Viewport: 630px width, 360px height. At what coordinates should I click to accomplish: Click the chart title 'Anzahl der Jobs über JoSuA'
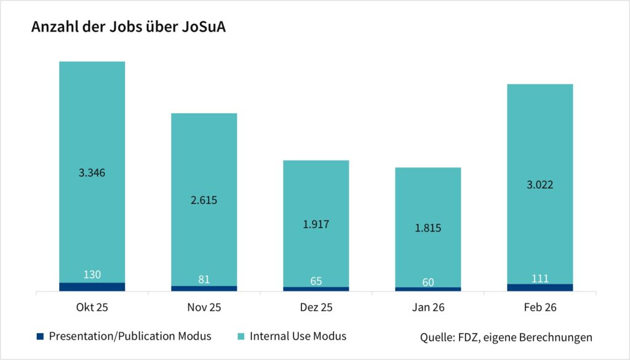tap(128, 28)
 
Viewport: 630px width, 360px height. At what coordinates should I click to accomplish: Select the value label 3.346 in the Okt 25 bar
tap(92, 172)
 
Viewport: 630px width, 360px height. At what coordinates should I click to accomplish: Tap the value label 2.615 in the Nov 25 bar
tap(204, 200)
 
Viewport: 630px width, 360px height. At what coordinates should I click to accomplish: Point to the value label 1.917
tap(316, 224)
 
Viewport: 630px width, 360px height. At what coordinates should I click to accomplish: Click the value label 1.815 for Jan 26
tap(428, 228)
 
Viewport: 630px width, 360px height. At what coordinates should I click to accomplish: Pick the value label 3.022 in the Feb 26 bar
tap(540, 185)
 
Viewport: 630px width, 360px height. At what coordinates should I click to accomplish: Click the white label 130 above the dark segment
tap(92, 274)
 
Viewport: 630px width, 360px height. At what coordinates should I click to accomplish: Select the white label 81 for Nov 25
tap(204, 279)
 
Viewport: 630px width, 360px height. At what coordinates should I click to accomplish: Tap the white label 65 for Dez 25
tap(316, 281)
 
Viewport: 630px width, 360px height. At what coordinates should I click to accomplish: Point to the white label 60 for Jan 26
tap(428, 282)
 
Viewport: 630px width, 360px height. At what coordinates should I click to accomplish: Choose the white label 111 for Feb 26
tap(540, 278)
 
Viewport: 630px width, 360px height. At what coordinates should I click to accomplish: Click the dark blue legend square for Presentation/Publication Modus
tap(41, 336)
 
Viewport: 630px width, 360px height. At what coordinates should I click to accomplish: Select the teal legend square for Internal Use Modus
tap(241, 336)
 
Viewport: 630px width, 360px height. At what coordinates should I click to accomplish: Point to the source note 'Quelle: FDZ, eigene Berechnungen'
tap(506, 337)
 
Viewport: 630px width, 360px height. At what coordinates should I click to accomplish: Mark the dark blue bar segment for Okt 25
tap(92, 287)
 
